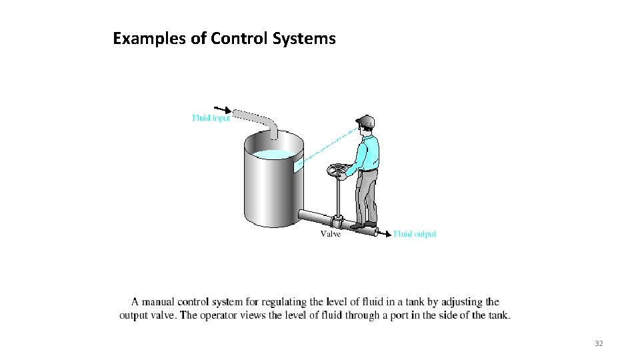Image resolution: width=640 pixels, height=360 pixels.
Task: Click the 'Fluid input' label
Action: [211, 118]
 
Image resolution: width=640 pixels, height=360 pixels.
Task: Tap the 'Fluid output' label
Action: [415, 234]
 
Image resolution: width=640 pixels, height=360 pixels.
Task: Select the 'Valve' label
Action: [331, 234]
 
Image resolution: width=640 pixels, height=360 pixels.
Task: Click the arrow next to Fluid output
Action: [385, 233]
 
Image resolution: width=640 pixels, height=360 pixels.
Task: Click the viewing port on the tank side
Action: [298, 163]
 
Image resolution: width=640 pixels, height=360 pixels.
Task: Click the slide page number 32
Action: [598, 343]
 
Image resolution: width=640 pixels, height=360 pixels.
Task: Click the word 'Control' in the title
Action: [239, 39]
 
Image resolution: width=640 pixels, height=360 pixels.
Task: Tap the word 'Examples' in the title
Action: [150, 39]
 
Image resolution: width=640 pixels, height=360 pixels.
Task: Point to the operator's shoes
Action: [363, 225]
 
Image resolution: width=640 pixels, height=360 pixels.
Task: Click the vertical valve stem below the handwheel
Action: [339, 197]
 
